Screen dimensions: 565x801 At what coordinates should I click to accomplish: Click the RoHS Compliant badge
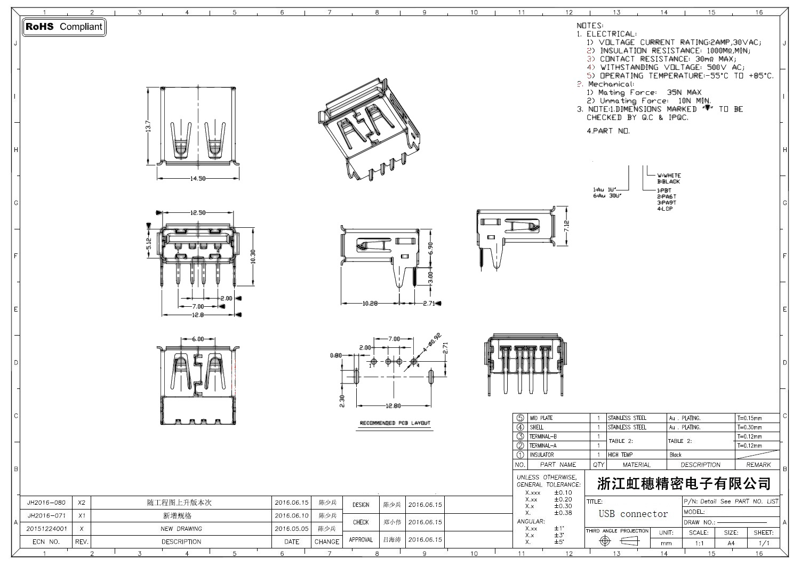pos(64,27)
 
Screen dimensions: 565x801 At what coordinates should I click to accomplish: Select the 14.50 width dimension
pos(198,178)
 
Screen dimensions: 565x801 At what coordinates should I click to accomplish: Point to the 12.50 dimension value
pos(198,213)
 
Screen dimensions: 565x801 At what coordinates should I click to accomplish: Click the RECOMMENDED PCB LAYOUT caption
pos(395,423)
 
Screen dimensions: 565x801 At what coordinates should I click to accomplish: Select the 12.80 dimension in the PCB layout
pos(393,406)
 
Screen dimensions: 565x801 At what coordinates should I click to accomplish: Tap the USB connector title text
pos(633,514)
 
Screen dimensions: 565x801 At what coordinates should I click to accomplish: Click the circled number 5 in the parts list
pos(520,418)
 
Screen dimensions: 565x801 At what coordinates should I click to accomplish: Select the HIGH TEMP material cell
pos(620,455)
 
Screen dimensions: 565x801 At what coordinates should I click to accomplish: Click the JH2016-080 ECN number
pos(46,503)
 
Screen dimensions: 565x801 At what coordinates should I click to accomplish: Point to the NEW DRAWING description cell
pos(181,529)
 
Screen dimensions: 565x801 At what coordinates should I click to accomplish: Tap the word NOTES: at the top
pos(590,26)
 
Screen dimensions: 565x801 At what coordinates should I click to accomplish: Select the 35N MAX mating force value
pos(684,92)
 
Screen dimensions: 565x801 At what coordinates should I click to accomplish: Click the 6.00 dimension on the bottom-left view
pos(198,339)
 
